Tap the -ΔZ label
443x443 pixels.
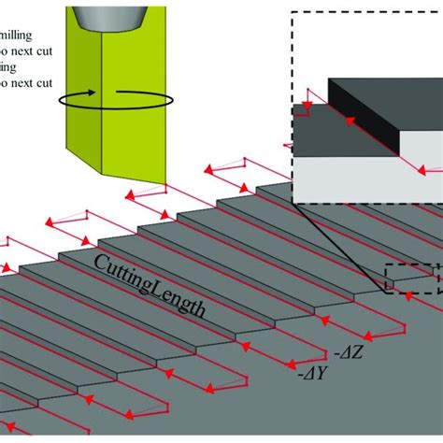click(345, 353)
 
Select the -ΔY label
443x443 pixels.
click(311, 375)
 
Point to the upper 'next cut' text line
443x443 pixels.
click(28, 47)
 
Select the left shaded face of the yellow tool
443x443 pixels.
click(80, 103)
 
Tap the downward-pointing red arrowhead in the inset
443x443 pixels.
click(304, 95)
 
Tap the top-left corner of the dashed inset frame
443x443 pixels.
click(293, 13)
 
